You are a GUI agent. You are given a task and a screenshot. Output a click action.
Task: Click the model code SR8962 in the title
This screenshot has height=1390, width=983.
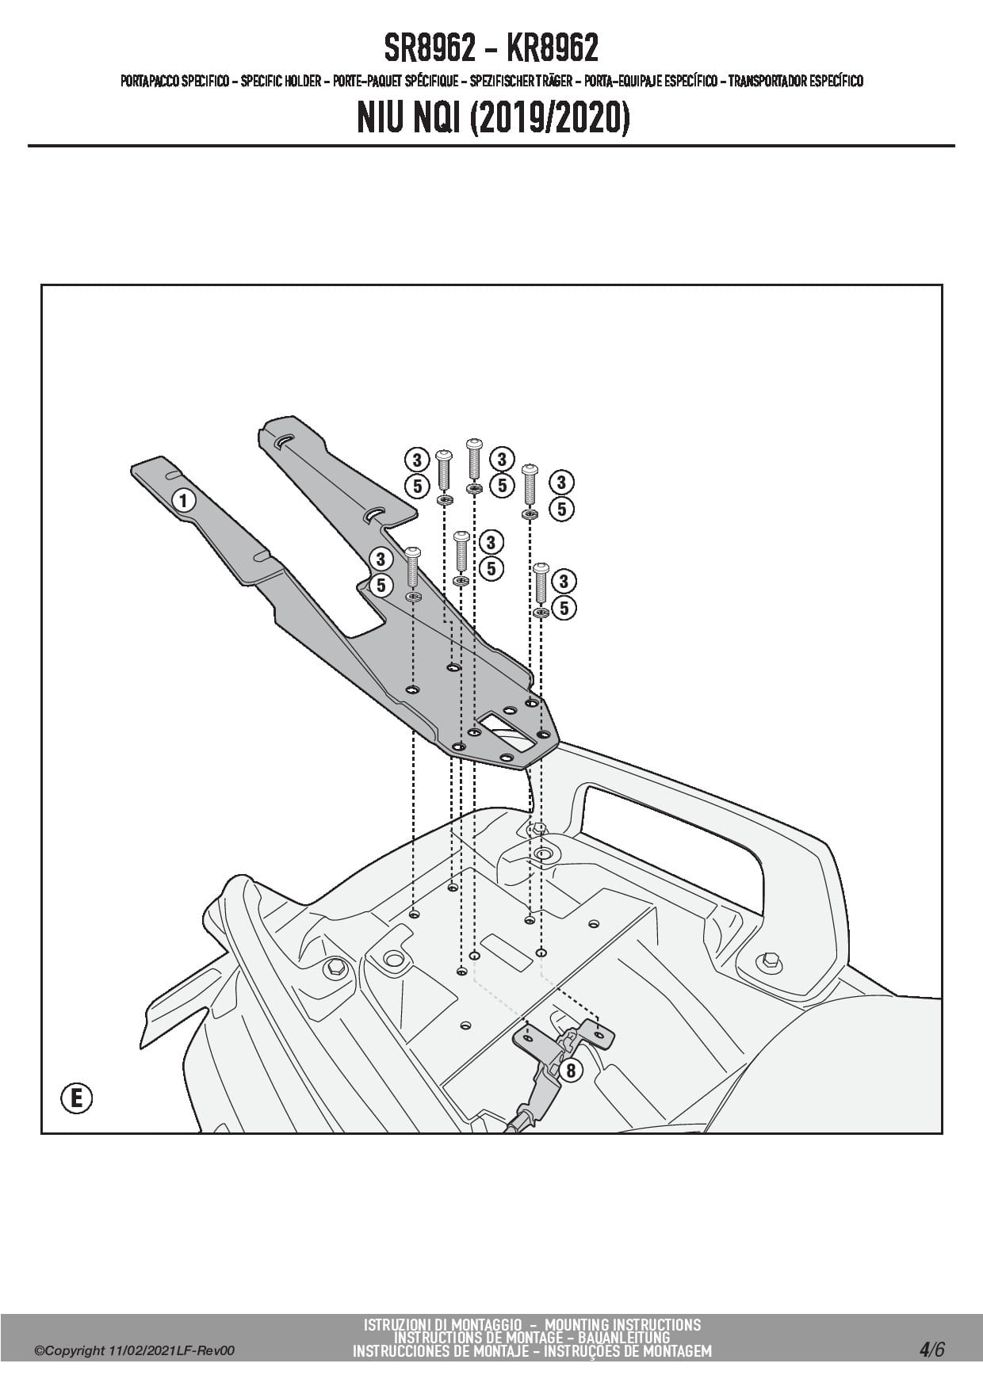430,49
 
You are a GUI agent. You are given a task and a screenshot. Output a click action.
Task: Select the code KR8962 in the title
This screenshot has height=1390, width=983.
552,49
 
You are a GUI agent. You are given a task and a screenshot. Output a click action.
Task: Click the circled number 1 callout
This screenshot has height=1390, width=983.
184,500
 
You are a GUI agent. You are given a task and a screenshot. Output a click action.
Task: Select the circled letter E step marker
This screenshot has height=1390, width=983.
76,1098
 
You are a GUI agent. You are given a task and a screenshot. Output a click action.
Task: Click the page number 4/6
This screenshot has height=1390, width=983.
931,1349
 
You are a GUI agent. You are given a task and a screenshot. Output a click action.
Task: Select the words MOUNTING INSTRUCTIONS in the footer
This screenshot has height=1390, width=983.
623,1325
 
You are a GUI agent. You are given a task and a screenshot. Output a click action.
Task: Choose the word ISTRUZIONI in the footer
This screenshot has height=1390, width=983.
394,1325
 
